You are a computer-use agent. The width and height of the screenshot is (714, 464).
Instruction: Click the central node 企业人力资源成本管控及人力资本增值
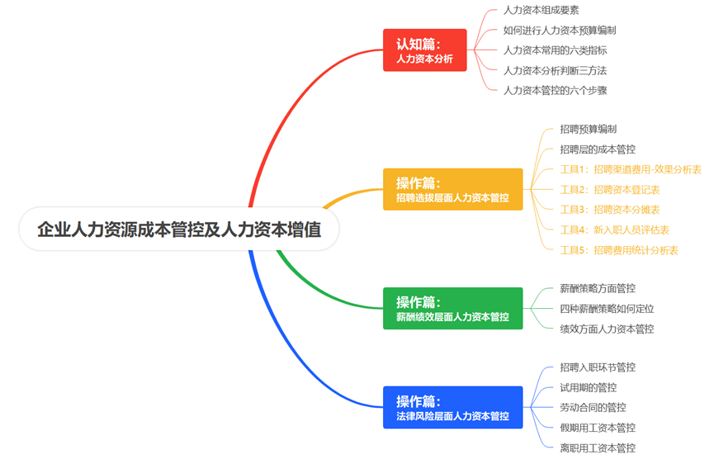[x=179, y=229]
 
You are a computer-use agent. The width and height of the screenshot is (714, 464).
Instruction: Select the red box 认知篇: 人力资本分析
[x=424, y=50]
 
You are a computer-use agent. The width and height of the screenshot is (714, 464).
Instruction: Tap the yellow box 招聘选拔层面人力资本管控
[x=452, y=189]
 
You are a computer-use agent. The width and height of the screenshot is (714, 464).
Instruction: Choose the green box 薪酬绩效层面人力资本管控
[x=452, y=308]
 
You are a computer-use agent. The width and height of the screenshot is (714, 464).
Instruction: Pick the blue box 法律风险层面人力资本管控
[x=452, y=407]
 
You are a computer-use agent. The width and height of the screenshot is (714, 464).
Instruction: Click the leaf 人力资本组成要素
[x=541, y=10]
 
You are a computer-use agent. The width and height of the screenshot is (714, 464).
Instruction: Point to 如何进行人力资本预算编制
[x=559, y=30]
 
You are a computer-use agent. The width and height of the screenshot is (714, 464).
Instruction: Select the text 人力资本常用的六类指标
[x=555, y=50]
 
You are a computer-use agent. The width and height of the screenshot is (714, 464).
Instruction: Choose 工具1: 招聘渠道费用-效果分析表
[x=631, y=169]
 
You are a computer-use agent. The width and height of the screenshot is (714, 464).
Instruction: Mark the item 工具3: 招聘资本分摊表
[x=610, y=210]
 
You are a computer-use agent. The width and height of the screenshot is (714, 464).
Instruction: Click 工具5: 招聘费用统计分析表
[x=619, y=250]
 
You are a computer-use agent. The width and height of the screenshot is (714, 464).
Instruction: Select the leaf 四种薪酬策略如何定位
[x=607, y=309]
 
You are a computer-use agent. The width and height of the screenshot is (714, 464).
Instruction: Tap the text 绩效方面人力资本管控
[x=607, y=329]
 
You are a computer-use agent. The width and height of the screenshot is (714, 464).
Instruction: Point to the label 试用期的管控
[x=588, y=387]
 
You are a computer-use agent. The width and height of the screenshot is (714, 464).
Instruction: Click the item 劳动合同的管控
[x=593, y=407]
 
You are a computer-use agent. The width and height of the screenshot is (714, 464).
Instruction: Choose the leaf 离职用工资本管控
[x=598, y=447]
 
